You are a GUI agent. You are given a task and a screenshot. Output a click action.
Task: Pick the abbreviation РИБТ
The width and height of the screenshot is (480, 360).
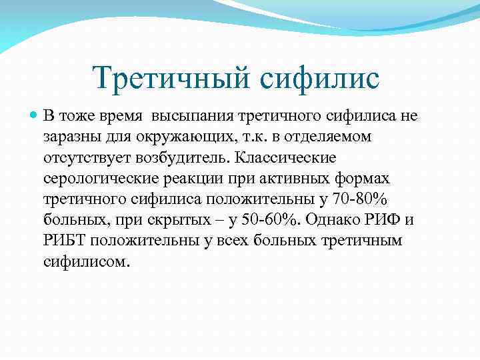65,240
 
